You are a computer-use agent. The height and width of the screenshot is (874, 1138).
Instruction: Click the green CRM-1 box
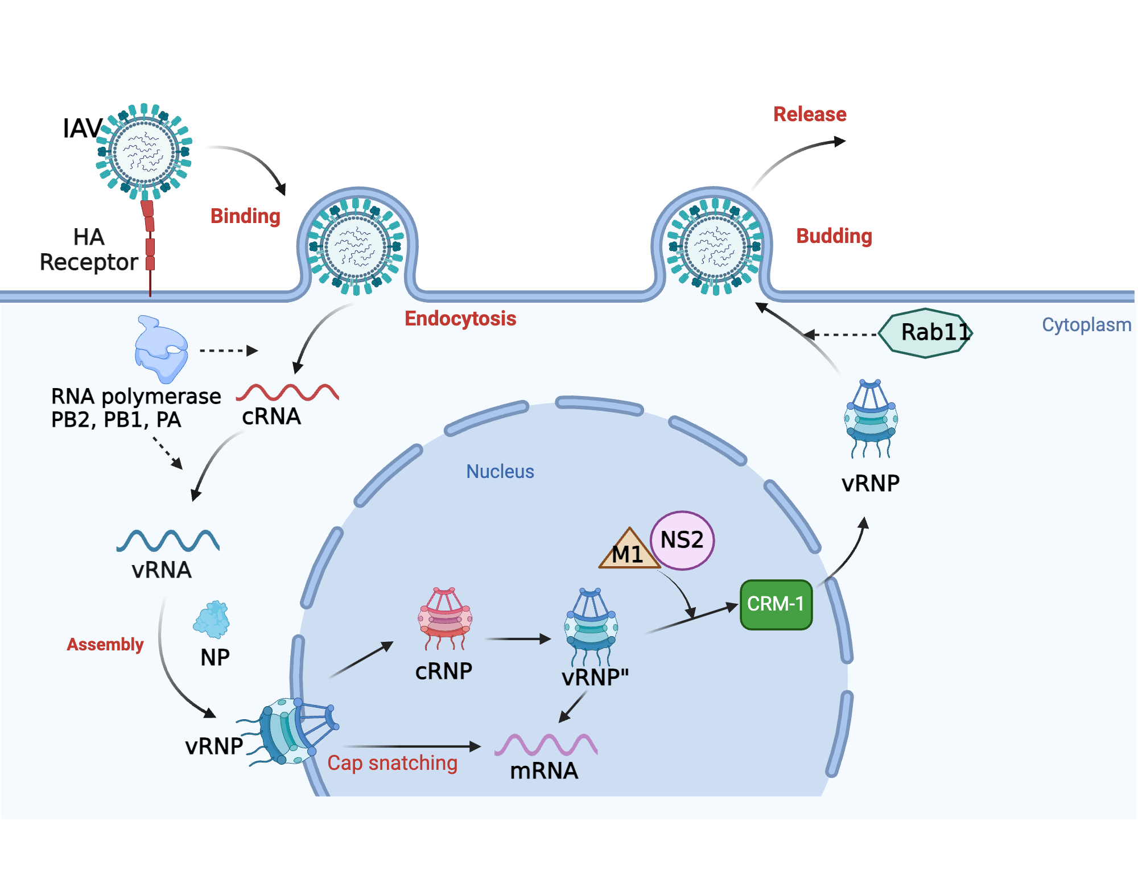coord(776,604)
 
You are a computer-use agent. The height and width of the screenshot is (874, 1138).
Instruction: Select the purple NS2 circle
coord(682,540)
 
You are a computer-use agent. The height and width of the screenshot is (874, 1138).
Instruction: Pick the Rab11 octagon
coord(926,333)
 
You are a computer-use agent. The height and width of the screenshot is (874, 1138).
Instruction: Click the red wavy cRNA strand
coord(287,393)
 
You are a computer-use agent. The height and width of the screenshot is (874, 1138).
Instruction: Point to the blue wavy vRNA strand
coord(168,541)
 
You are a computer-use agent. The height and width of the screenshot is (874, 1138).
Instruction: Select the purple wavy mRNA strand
coord(546,744)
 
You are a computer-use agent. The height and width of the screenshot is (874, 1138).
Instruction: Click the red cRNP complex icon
coord(445,619)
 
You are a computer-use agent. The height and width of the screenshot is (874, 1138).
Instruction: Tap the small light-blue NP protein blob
coord(212,620)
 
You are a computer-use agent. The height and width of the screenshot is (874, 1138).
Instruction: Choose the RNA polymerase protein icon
coord(160,349)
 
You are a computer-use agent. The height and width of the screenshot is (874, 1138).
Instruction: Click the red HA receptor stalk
coord(150,245)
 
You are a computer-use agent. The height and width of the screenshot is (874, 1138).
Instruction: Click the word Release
coord(810,114)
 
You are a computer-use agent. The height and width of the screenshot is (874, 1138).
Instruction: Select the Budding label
coord(834,236)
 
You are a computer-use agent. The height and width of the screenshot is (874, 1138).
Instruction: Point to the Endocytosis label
coord(460,319)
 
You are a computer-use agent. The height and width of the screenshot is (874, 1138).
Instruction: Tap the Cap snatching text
coord(392,763)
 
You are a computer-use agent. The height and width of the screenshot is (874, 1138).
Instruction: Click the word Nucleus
coord(500,472)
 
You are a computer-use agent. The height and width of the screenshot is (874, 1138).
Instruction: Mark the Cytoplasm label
coord(1086,325)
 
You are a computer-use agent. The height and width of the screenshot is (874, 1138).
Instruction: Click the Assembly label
coord(105,645)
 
